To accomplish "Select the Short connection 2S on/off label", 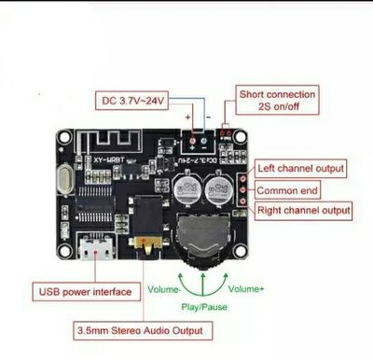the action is [278, 100].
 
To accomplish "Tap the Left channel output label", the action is [301, 169].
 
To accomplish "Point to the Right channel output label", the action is [304, 211].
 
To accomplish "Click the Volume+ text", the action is [246, 289].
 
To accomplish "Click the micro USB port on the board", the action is [96, 249].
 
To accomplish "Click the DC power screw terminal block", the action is [198, 140].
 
